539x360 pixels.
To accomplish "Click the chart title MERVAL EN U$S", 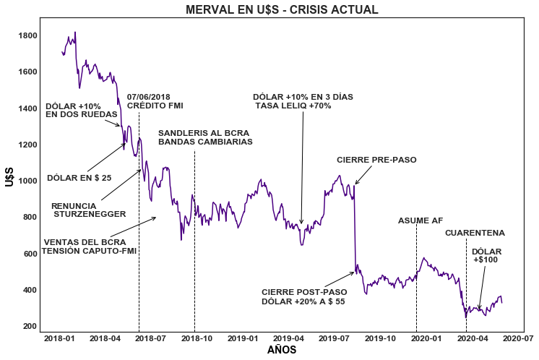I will [282, 10].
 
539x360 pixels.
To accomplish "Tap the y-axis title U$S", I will [10, 176].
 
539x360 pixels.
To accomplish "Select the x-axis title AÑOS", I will [282, 350].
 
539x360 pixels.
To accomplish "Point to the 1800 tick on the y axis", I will [28, 36].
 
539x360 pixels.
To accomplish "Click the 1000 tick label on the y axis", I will [28, 181].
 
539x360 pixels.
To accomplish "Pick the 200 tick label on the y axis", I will [30, 327].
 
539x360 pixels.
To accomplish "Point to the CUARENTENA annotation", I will [475, 233].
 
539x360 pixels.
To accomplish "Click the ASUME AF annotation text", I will [420, 221].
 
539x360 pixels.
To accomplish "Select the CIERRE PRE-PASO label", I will [376, 160].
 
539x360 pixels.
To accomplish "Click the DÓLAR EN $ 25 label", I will [79, 178].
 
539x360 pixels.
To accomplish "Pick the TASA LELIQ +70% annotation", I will [293, 106].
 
